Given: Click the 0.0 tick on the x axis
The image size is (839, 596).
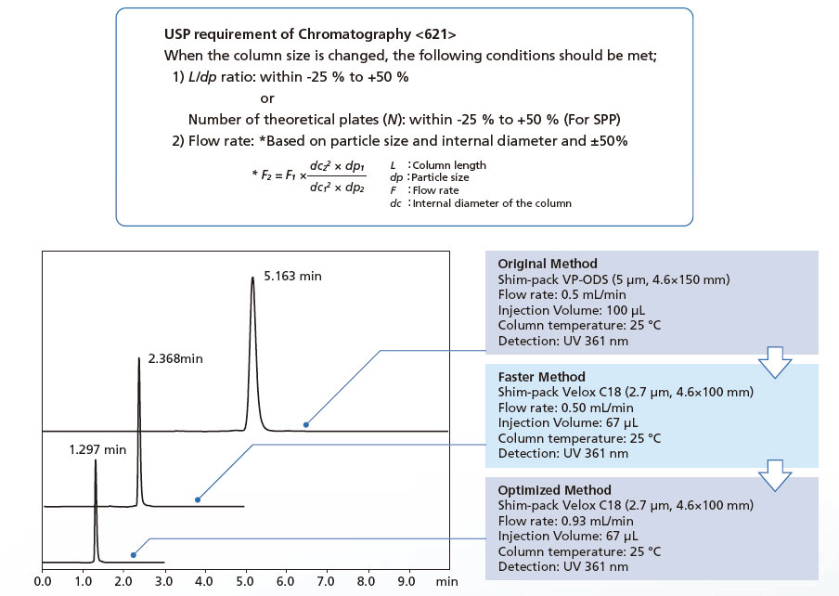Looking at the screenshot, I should [43, 582].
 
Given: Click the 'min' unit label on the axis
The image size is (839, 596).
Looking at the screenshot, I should [447, 582].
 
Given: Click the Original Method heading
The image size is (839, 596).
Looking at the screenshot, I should [548, 264].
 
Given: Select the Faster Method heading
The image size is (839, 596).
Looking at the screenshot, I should [542, 377].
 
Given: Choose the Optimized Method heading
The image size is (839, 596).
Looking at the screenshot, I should [554, 490].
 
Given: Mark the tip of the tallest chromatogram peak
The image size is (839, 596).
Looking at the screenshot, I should [252, 278].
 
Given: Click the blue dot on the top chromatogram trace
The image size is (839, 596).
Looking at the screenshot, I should [305, 424].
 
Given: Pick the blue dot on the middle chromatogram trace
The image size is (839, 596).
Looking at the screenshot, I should [197, 499].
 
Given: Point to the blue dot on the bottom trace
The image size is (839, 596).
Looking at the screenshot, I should [134, 556].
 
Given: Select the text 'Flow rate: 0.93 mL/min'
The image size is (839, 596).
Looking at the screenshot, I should [566, 520].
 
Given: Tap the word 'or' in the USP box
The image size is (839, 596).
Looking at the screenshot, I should [268, 98].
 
